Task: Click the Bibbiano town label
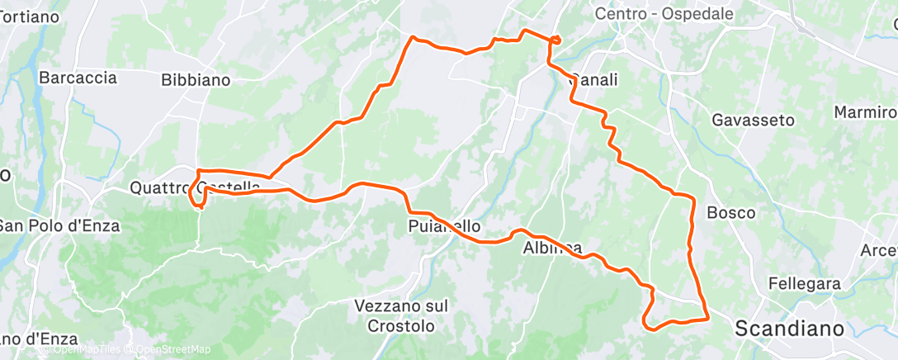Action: (x=196, y=80)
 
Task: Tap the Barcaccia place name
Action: (x=78, y=78)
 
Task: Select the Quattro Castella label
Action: (x=195, y=187)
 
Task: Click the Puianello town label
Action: (x=444, y=225)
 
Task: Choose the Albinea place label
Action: (x=552, y=248)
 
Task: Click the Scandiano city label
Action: (x=789, y=327)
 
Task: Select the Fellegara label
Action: (x=803, y=283)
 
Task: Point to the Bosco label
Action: (x=731, y=212)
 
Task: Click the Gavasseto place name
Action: (x=754, y=120)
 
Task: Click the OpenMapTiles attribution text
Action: (x=91, y=349)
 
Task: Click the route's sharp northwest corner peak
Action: (x=413, y=37)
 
